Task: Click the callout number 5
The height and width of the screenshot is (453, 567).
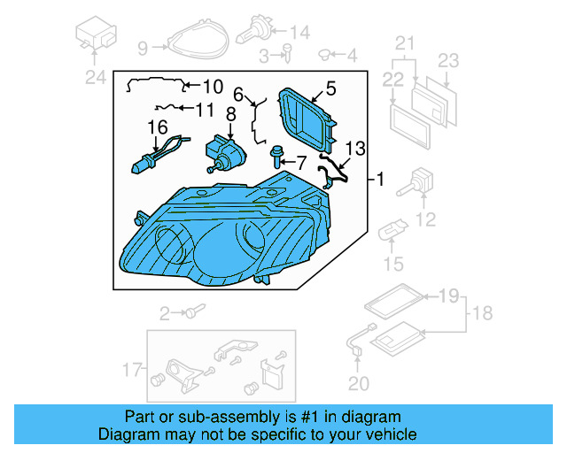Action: click(x=330, y=88)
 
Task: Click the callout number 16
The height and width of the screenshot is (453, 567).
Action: click(x=157, y=127)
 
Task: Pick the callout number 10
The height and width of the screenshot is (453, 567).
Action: click(x=213, y=87)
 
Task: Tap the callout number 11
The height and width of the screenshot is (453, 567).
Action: click(x=205, y=111)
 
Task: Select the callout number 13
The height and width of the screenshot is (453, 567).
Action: click(x=354, y=148)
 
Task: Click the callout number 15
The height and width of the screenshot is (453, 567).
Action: click(x=392, y=263)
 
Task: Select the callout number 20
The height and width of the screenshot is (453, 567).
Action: click(x=358, y=382)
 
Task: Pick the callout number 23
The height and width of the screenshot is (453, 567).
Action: click(x=449, y=61)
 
